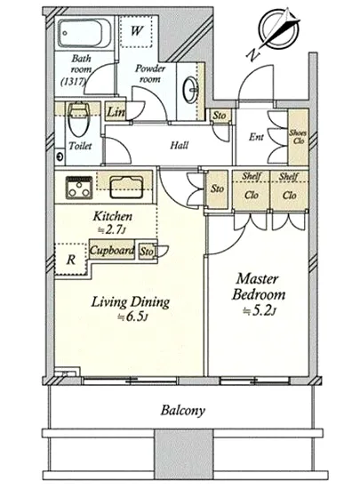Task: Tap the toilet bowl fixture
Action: [x=78, y=120]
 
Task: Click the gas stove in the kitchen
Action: [x=79, y=188]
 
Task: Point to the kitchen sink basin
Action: [x=126, y=187]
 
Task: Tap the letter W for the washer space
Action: [x=137, y=30]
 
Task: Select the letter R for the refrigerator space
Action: [x=71, y=260]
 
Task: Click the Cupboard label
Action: [x=112, y=250]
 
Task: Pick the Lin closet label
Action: [x=116, y=112]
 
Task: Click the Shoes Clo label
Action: [x=298, y=137]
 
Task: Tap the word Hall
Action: [x=180, y=145]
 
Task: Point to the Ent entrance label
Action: [x=256, y=137]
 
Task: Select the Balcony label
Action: [x=182, y=410]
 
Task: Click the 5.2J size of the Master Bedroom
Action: [x=260, y=311]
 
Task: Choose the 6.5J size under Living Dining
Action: [x=132, y=317]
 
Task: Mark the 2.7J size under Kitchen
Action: [x=112, y=230]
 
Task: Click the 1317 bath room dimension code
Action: [x=73, y=82]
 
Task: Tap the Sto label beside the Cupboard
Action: [x=146, y=251]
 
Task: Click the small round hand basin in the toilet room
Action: [x=60, y=156]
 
